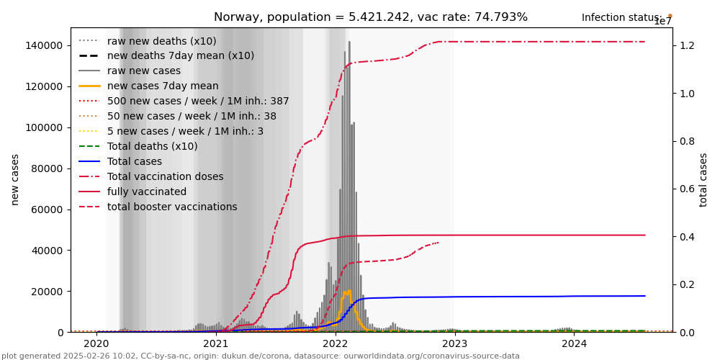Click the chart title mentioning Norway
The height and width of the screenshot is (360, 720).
[x=370, y=17]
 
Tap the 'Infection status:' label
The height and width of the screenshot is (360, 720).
[x=621, y=17]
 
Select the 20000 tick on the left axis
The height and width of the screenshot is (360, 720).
[x=46, y=292]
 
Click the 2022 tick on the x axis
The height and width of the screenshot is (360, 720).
[x=336, y=343]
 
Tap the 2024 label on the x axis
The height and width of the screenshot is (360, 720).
[x=575, y=343]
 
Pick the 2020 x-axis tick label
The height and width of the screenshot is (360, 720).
[x=96, y=343]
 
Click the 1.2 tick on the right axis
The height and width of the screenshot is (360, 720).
[x=687, y=45]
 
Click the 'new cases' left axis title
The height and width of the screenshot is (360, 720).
[x=15, y=179]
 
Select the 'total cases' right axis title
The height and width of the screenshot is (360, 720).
[x=703, y=179]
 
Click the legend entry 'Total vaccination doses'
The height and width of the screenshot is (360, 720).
[x=165, y=176]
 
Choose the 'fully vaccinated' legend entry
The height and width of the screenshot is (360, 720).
[x=146, y=192]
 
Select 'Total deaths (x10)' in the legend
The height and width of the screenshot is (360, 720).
[x=152, y=146]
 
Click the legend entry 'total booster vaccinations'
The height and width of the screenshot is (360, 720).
[x=172, y=207]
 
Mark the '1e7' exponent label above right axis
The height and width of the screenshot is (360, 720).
[x=662, y=22]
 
